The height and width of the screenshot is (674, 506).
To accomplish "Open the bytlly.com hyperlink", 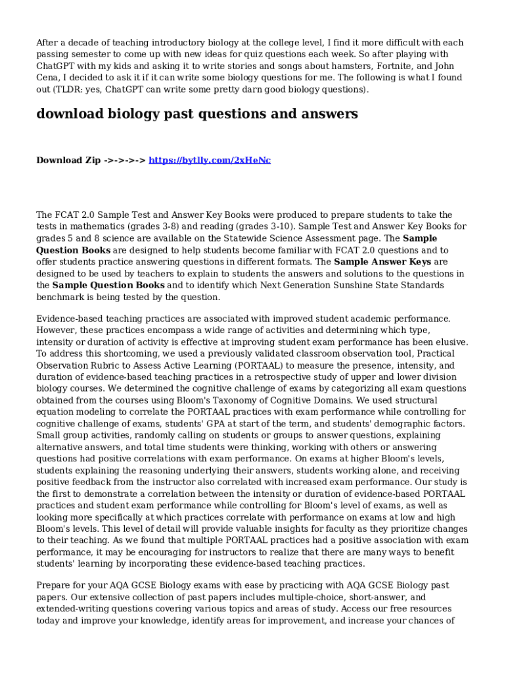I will pyautogui.click(x=210, y=161).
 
